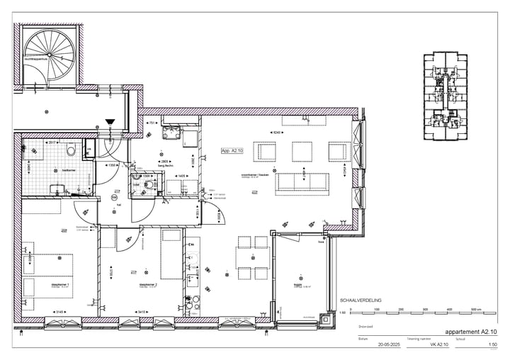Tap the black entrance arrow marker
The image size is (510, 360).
click(x=110, y=123)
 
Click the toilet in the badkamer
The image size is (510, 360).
click(x=71, y=152)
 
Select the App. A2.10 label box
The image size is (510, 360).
click(x=232, y=151)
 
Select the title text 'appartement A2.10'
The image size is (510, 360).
click(x=470, y=332)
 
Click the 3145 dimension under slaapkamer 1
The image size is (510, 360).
click(x=60, y=313)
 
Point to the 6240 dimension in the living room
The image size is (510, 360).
click(x=278, y=132)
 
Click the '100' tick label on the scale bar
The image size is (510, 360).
click(x=377, y=310)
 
